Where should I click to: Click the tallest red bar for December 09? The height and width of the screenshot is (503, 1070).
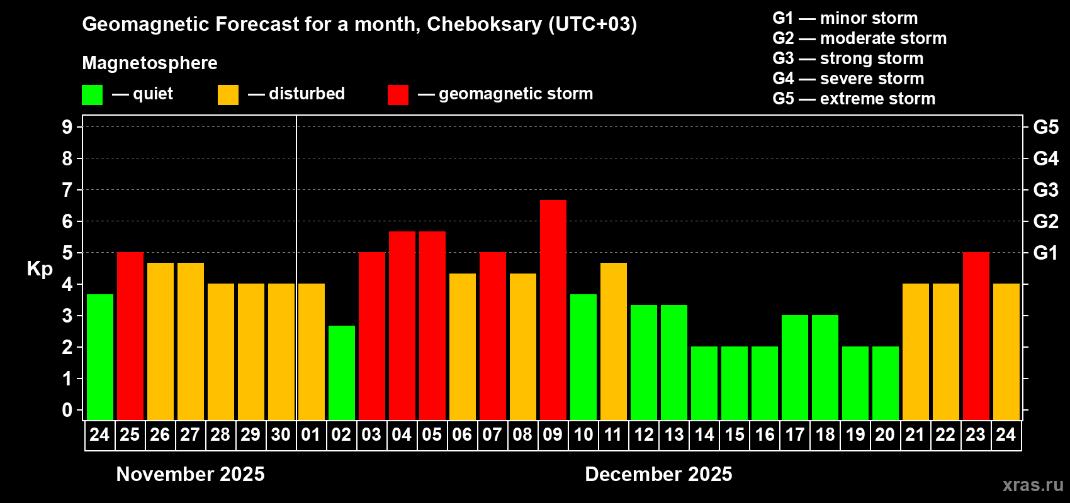(x=553, y=309)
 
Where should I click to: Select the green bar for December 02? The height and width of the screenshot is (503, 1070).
(x=342, y=372)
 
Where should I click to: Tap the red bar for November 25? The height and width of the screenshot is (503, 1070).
(x=130, y=336)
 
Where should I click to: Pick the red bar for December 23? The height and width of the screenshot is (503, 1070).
(x=976, y=336)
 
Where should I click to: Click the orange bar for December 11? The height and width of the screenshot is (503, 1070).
(x=613, y=341)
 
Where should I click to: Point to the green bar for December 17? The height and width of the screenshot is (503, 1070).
(x=794, y=367)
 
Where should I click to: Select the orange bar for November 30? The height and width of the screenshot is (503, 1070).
(x=281, y=351)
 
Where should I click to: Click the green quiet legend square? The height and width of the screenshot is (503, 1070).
(x=93, y=95)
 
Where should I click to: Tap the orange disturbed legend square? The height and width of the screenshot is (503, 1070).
(x=228, y=95)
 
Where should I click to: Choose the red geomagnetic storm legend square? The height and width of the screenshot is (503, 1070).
(x=398, y=95)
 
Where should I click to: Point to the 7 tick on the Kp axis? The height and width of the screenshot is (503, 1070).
(x=67, y=190)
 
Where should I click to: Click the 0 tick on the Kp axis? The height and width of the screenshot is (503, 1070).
(x=67, y=410)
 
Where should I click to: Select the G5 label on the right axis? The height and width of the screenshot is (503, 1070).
(x=1045, y=127)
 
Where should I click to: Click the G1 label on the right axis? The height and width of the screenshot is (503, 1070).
(x=1045, y=253)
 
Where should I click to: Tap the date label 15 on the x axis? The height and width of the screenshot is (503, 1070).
(x=735, y=434)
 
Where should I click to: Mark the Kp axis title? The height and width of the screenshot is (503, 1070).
(x=40, y=268)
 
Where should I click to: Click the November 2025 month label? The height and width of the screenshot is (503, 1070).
(x=191, y=474)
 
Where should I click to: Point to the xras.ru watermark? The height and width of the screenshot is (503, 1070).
(x=1033, y=485)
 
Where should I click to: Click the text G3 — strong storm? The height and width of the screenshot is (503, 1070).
(x=848, y=58)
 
